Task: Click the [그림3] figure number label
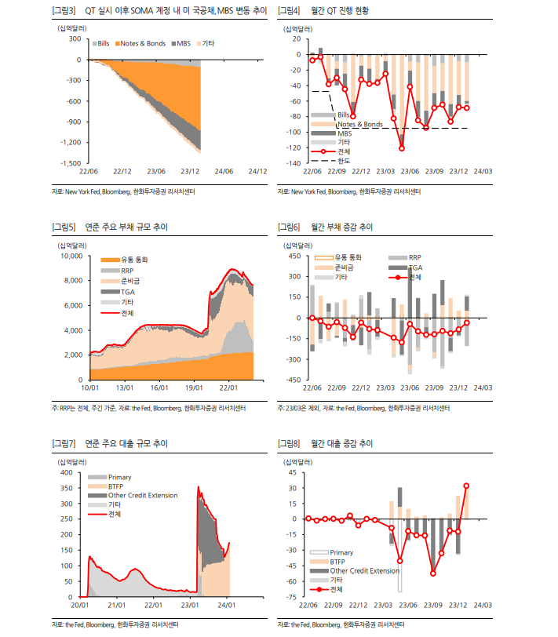(x=63, y=11)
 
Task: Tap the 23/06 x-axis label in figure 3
(x=156, y=171)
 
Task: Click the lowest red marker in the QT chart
(x=402, y=148)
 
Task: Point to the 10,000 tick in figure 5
(x=71, y=256)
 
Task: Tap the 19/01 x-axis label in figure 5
(x=194, y=388)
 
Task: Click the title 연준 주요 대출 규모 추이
(x=126, y=444)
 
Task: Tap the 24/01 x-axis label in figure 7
(x=228, y=605)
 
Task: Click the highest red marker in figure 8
(x=467, y=486)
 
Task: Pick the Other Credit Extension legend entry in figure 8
(x=364, y=571)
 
